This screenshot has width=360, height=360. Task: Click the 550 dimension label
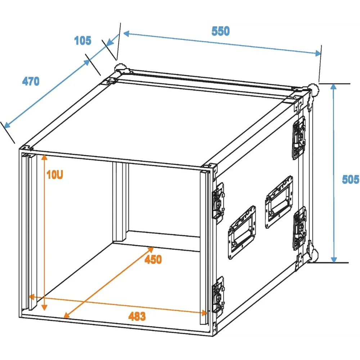pyautogui.click(x=220, y=31)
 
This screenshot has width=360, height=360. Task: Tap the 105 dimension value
pyautogui.click(x=83, y=41)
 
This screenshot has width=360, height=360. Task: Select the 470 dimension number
pyautogui.click(x=31, y=81)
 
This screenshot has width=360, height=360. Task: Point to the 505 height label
pyautogui.click(x=351, y=179)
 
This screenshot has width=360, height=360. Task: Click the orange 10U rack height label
pyautogui.click(x=55, y=175)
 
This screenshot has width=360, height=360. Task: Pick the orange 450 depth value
pyautogui.click(x=153, y=260)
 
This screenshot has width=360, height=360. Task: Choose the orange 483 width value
pyautogui.click(x=137, y=316)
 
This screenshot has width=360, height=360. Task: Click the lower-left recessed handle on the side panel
pyautogui.click(x=242, y=232)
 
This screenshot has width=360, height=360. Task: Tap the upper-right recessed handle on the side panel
pyautogui.click(x=279, y=202)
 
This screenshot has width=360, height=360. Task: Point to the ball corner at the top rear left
pyautogui.click(x=121, y=69)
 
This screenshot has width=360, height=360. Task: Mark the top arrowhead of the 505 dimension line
pyautogui.click(x=334, y=86)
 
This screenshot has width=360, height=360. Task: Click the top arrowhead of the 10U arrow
pyautogui.click(x=44, y=157)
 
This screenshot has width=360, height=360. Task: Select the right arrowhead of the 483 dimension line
pyautogui.click(x=204, y=313)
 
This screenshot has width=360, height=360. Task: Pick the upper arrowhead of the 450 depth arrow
pyautogui.click(x=150, y=249)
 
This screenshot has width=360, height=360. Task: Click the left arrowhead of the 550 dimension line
pyautogui.click(x=126, y=34)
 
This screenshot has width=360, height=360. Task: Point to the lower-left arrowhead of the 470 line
pyautogui.click(x=7, y=125)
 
